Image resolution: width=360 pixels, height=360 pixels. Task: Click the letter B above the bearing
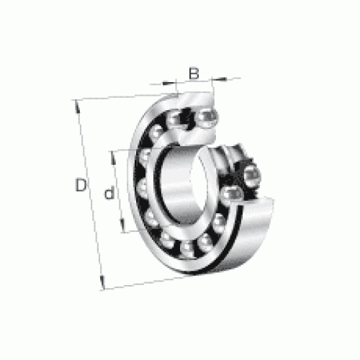point(194,73)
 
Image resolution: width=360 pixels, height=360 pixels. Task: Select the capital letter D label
point(81,184)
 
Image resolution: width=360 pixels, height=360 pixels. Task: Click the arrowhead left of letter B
point(169,83)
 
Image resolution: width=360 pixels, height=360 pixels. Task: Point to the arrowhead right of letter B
point(219,78)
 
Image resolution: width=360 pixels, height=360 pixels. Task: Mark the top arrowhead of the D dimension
point(77,107)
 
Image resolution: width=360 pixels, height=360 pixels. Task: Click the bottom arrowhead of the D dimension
point(102,282)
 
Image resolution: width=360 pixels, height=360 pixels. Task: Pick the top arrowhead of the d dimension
point(113,158)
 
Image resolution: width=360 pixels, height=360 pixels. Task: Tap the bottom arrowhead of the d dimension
point(122,225)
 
